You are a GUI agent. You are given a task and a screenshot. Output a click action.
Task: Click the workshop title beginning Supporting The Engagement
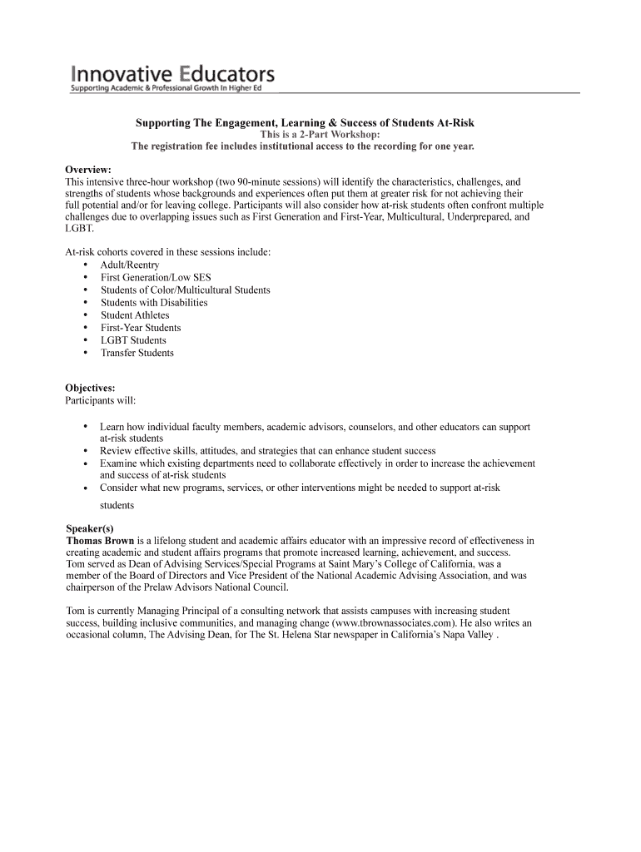tap(305, 123)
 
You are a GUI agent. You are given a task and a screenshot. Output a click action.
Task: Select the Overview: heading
tap(88, 170)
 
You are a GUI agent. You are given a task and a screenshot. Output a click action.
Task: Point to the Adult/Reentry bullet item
tap(130, 265)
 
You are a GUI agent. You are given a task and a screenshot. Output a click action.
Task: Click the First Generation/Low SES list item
tap(154, 278)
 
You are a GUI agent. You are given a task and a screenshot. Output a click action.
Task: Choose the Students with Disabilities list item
tap(154, 303)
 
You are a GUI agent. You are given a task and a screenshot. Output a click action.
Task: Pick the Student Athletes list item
tap(135, 315)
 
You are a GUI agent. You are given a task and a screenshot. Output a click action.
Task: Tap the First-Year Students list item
tap(141, 328)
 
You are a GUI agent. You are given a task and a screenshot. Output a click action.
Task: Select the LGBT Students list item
tap(133, 340)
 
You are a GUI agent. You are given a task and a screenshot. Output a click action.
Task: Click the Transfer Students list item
tap(137, 353)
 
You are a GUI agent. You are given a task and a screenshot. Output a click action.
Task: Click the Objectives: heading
tap(91, 388)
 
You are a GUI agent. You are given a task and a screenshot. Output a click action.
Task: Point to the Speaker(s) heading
tap(89, 528)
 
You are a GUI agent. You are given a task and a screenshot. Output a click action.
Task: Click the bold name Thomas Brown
tap(100, 541)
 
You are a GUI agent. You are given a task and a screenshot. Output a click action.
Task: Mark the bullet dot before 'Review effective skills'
tap(86, 451)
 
